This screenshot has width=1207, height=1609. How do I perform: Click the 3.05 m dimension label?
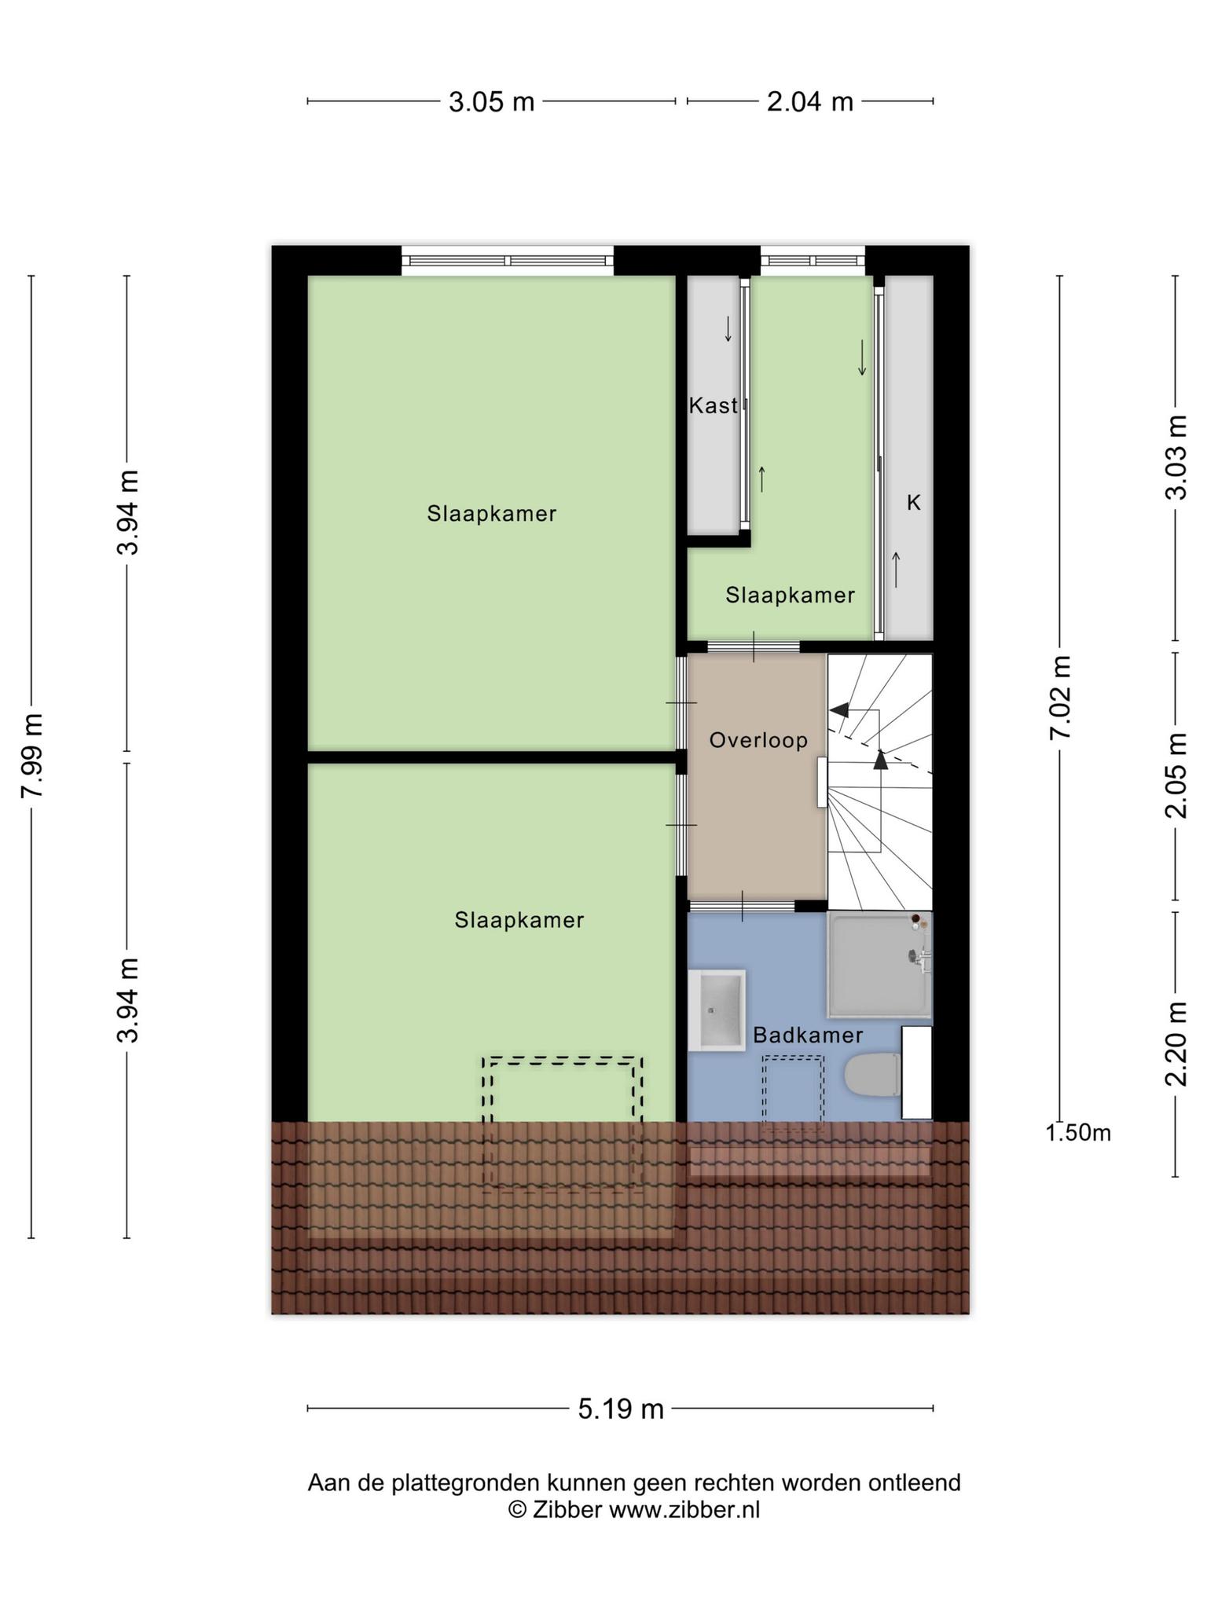tap(491, 102)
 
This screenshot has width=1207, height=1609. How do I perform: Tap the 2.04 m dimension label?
tap(810, 102)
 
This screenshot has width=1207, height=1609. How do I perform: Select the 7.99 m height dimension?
tap(32, 756)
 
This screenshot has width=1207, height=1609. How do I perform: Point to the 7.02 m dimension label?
tap(1060, 697)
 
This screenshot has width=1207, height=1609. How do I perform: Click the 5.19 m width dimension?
tap(621, 1409)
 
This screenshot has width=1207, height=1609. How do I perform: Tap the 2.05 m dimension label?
tap(1176, 775)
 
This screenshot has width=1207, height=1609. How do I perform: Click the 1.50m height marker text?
tap(1078, 1133)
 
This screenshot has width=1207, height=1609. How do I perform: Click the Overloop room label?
tap(758, 740)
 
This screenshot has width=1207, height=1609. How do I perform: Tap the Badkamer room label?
tap(808, 1035)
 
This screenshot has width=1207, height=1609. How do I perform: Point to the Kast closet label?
tap(714, 405)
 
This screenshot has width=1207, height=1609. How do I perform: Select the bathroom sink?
tap(717, 1010)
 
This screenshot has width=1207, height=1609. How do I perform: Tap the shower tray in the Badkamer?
tap(880, 965)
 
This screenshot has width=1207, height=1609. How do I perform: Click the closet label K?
tap(913, 503)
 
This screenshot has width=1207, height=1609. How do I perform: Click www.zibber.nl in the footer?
tap(684, 1510)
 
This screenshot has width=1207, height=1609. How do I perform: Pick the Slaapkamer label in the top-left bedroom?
tap(492, 514)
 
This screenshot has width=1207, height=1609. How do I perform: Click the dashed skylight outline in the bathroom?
tap(794, 1093)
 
